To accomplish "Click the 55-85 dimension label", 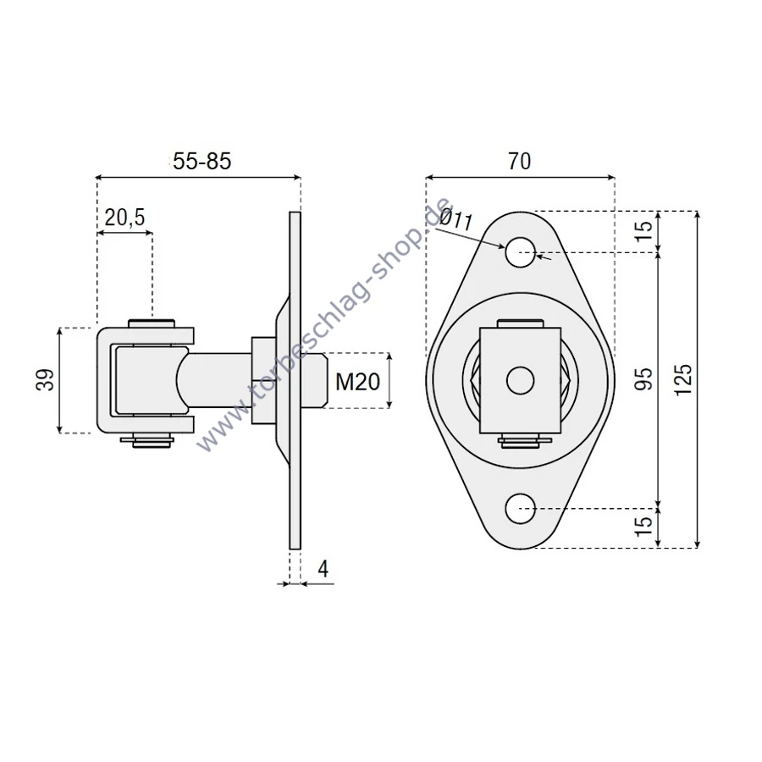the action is click(202, 161).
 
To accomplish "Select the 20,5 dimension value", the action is click(125, 218).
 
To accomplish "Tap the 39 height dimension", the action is click(45, 380).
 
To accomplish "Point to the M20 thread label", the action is click(357, 382).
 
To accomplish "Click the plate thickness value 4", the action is click(323, 568).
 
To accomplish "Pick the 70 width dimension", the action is click(520, 161).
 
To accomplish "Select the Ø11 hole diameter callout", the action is click(456, 218).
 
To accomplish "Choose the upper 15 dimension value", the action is click(643, 231).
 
